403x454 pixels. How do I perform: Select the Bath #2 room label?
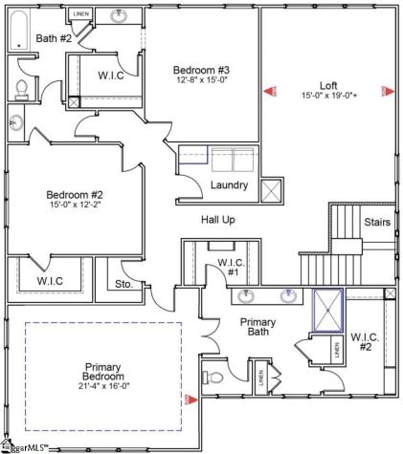(54, 38)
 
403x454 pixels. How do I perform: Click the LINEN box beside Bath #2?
(81, 15)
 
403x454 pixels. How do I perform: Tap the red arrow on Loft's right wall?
(388, 92)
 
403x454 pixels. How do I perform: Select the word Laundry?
(230, 184)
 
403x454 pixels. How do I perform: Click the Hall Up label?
(218, 220)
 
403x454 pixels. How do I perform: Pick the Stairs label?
(376, 222)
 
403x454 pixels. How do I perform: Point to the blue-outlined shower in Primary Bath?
(328, 310)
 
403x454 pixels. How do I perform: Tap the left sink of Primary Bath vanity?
(247, 294)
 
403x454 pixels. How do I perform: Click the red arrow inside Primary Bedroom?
(191, 399)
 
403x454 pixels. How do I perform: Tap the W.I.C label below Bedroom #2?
(50, 281)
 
